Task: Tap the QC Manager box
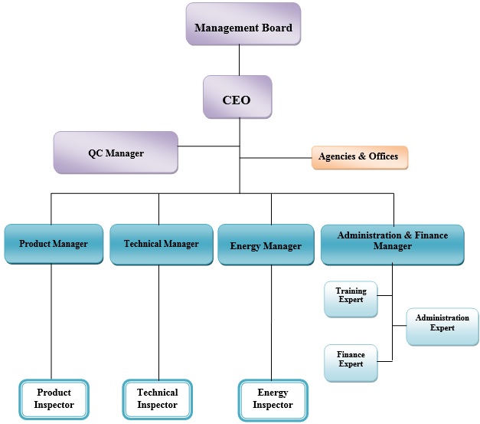point(115,152)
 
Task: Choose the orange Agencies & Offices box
point(359,157)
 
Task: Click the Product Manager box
point(53,245)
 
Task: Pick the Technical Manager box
point(161,245)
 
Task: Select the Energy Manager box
point(266,245)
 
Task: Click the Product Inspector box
point(54,399)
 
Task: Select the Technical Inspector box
point(157,399)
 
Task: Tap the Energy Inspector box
point(273,399)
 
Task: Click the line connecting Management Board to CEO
point(240,60)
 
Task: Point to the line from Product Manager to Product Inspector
point(51,322)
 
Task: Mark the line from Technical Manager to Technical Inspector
point(158,322)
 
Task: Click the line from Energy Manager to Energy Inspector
point(271,322)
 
